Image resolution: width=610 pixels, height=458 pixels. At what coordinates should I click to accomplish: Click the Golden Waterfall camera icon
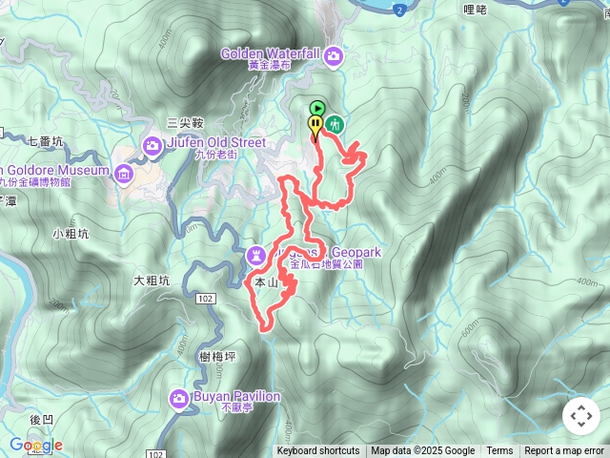pos(334,56)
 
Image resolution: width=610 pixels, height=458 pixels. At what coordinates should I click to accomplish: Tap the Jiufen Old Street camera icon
pos(152,145)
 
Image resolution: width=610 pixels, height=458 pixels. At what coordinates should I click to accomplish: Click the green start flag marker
pos(317,109)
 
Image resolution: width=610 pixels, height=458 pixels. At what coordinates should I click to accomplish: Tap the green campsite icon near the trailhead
pos(335,123)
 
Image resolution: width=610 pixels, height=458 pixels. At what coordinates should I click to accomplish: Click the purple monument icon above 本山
pos(256,255)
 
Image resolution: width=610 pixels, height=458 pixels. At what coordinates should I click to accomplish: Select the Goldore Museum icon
pos(124,173)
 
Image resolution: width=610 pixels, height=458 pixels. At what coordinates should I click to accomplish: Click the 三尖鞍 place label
pos(186,123)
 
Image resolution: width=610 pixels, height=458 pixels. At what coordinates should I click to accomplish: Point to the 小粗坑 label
pos(71,233)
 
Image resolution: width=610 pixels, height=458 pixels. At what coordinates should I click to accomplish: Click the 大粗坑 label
pos(152,281)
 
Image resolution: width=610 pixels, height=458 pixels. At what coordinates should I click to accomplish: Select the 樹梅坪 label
pos(218,356)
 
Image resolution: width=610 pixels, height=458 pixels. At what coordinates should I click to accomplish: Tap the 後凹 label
pos(41,419)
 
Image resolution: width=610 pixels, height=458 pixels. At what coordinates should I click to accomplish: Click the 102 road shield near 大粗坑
pos(205,299)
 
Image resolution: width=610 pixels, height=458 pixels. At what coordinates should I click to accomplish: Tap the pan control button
pos(580,416)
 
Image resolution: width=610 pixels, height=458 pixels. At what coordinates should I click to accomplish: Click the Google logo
pos(36,445)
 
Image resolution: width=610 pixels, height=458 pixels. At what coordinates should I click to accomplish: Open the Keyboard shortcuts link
pos(318,451)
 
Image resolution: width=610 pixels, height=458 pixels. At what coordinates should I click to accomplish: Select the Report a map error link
pos(564,451)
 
